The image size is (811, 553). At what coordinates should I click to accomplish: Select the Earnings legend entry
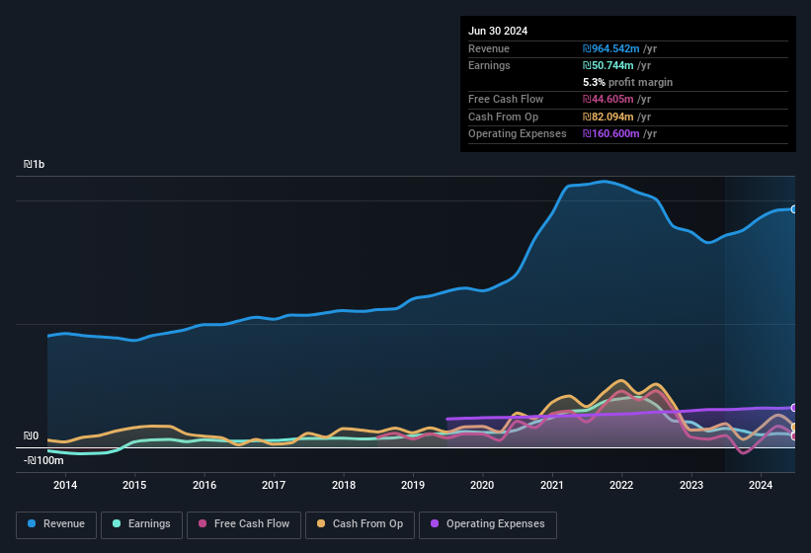click(x=140, y=524)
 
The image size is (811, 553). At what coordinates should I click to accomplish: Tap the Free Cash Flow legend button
click(x=243, y=524)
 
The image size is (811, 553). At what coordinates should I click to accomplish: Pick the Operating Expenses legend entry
click(x=488, y=524)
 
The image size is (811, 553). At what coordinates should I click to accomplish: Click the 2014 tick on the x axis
click(x=65, y=485)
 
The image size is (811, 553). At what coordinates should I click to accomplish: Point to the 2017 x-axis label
click(x=274, y=485)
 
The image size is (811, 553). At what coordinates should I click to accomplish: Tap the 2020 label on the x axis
click(x=482, y=485)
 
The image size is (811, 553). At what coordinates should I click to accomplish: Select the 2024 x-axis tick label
click(x=761, y=485)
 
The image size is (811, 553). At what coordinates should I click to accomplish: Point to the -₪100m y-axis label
click(x=43, y=460)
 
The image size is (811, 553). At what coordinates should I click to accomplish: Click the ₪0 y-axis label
click(x=31, y=435)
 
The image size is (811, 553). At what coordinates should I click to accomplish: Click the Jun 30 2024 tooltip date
click(x=498, y=31)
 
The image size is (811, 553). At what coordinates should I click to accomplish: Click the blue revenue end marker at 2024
click(x=793, y=209)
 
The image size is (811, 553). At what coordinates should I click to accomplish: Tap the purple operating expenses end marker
click(x=793, y=408)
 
